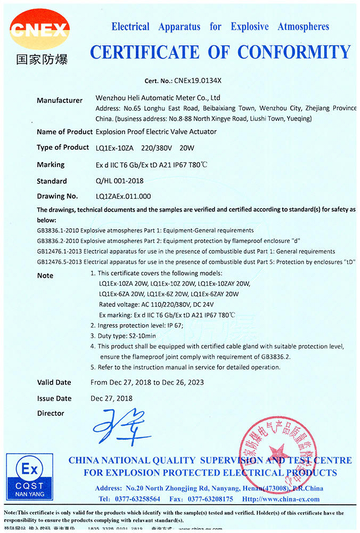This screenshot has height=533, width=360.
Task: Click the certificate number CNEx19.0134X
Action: [197, 81]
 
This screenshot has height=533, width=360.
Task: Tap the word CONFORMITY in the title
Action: [294, 52]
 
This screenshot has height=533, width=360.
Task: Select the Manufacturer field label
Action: [60, 100]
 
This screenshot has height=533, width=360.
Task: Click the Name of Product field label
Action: [64, 132]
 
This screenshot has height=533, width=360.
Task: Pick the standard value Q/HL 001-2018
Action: [119, 181]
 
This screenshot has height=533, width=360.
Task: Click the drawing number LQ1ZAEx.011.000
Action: [123, 196]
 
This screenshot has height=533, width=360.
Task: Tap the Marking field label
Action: [51, 165]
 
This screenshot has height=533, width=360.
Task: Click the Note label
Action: [45, 276]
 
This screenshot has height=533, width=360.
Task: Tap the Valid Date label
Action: [54, 382]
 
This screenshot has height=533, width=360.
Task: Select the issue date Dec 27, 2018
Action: [112, 398]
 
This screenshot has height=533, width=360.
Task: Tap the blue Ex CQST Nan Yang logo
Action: [30, 477]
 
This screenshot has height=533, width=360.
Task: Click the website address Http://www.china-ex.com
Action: [281, 499]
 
